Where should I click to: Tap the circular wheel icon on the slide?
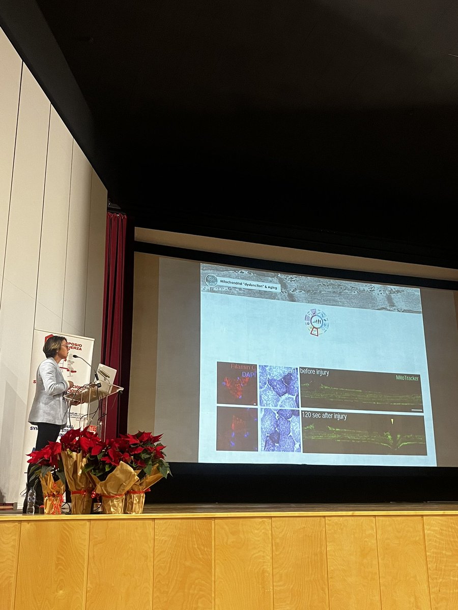point(317,322)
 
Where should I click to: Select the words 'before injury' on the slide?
point(314,372)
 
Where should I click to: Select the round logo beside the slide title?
point(211,280)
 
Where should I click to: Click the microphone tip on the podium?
point(75,357)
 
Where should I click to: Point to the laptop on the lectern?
point(106,374)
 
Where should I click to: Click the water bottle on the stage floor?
point(31,500)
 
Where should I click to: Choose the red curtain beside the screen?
point(114,305)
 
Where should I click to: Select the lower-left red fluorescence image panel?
point(237,429)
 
